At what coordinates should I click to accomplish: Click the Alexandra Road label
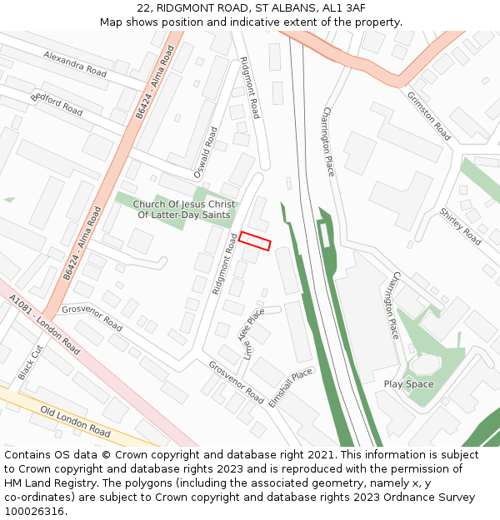76,63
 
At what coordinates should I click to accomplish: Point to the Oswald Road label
205,152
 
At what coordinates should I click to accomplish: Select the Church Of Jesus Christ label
184,204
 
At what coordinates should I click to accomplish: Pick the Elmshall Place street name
291,387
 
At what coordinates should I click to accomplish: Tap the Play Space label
408,384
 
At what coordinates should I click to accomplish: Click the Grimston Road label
428,116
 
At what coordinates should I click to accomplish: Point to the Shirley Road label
460,226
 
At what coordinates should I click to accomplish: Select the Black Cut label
30,362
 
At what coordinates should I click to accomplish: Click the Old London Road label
75,422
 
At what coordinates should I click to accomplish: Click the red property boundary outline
255,240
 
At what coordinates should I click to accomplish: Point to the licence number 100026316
34,512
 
